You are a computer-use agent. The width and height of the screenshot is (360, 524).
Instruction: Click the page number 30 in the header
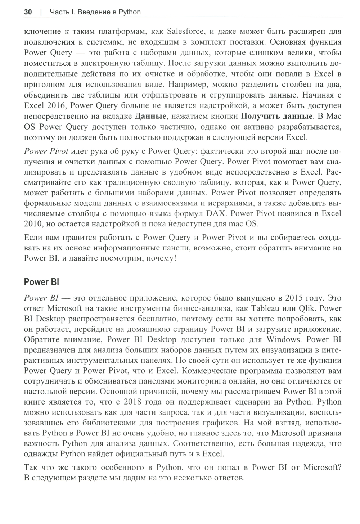point(28,12)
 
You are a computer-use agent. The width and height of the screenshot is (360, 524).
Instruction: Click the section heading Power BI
point(41,282)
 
